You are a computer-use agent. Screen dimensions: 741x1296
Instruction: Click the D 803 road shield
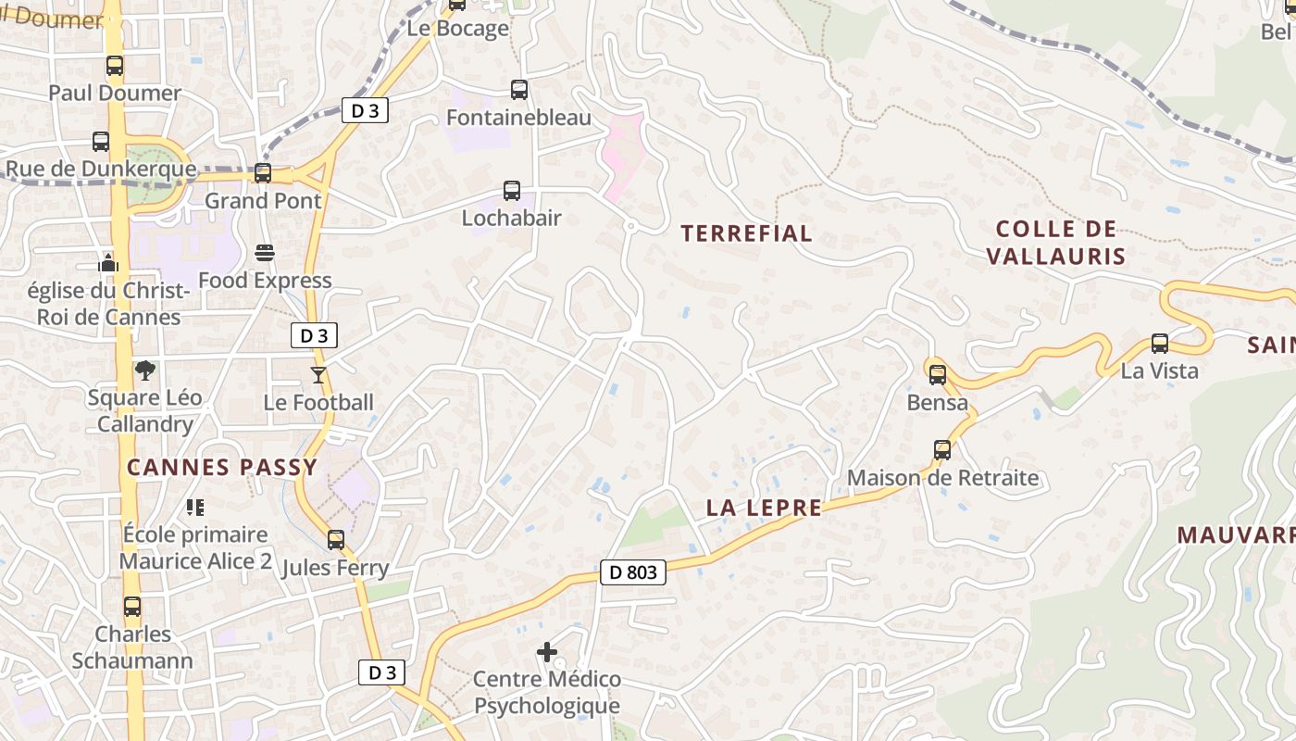click(633, 572)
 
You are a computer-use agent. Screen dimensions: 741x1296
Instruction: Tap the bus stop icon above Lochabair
click(512, 191)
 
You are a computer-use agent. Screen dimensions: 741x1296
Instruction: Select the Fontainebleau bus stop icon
click(519, 90)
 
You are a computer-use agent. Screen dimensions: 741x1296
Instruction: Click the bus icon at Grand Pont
click(263, 173)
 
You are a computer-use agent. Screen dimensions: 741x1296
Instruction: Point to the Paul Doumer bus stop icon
click(115, 66)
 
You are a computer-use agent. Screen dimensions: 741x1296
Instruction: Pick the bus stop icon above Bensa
click(938, 375)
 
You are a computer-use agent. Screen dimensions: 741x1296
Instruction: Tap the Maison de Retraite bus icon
click(942, 450)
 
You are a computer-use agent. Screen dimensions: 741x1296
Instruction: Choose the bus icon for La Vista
click(1160, 344)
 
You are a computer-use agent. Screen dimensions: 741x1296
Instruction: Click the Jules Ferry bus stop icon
click(336, 539)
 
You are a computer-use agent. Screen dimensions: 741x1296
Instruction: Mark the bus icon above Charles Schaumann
click(132, 607)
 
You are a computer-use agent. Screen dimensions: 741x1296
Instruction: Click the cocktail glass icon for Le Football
click(318, 374)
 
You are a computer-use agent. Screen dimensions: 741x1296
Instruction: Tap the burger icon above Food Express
click(265, 253)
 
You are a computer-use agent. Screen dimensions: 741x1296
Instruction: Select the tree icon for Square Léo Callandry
click(144, 370)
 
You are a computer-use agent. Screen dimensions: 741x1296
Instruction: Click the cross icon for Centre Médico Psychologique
click(547, 652)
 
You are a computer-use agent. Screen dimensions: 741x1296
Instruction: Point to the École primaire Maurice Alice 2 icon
click(195, 507)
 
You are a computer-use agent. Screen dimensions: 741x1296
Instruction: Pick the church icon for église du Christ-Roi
click(108, 263)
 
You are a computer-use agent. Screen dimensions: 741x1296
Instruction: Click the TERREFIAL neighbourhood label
click(747, 233)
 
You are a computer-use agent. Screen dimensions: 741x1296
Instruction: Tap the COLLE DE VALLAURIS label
click(1056, 243)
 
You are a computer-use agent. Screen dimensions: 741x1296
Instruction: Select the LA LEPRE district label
click(764, 508)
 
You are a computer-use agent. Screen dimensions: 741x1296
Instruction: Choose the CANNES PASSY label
click(222, 467)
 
